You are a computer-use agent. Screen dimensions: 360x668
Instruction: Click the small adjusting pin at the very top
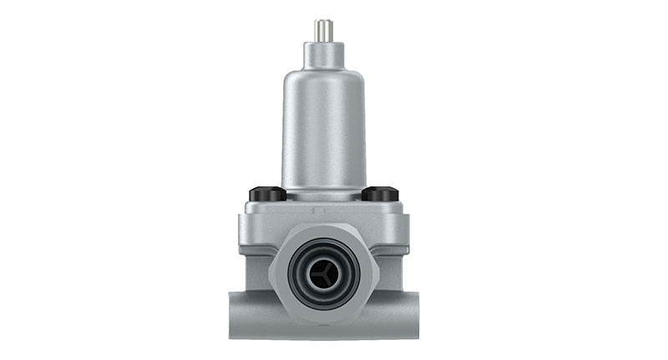pos(323,30)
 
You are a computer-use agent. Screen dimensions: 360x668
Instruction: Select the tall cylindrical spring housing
pos(323,134)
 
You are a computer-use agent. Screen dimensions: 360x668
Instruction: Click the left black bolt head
pos(267,194)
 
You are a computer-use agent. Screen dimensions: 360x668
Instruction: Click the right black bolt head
pos(380,194)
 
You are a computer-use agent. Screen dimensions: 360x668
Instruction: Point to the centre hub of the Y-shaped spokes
pos(323,271)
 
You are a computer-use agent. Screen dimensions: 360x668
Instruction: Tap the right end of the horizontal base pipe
pos(410,316)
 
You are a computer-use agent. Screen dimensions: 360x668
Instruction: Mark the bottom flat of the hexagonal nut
pos(323,317)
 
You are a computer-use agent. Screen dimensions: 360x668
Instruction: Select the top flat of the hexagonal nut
pos(323,227)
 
